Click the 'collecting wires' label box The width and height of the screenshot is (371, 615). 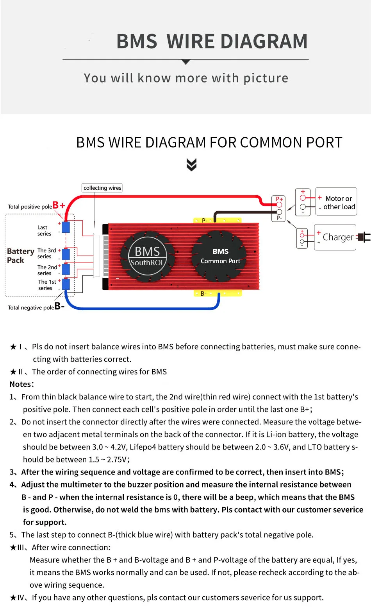click(102, 188)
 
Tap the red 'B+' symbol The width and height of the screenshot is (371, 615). click(59, 205)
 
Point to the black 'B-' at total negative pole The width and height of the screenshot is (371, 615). click(59, 306)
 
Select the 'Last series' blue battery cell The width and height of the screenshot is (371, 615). click(66, 227)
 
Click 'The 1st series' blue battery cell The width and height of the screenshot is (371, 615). click(66, 284)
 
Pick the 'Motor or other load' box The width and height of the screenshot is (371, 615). click(336, 202)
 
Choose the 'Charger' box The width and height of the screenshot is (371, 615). click(335, 237)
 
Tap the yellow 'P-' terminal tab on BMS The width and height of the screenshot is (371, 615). click(217, 220)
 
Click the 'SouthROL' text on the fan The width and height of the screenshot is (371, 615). click(147, 263)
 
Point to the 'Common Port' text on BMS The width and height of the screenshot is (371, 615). click(220, 261)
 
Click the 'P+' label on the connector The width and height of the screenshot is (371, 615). click(279, 199)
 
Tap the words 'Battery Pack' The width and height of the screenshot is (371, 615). click(20, 255)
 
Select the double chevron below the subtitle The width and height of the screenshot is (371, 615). click(191, 165)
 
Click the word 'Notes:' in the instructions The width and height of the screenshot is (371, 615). click(22, 384)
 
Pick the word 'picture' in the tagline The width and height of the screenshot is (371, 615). click(266, 78)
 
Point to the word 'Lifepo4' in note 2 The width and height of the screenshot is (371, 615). click(143, 447)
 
